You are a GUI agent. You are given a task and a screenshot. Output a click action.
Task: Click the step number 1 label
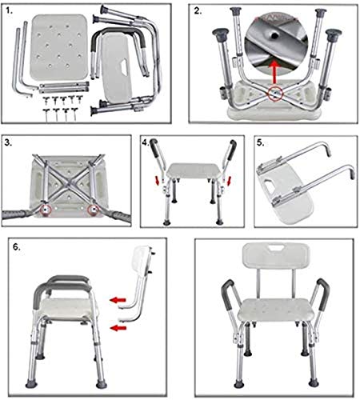coord(10,11)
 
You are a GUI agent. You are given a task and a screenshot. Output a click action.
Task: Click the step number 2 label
coord(198,11)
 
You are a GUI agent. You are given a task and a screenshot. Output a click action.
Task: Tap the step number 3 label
coord(8,142)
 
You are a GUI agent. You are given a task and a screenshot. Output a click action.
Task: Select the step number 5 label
coord(261,142)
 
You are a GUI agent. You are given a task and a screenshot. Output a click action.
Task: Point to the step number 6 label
coord(17,247)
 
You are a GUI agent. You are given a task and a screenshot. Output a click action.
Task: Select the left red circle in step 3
coord(46,210)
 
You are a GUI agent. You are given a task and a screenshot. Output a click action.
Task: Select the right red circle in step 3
coord(93,210)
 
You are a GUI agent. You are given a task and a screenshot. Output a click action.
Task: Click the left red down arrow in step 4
coord(158,180)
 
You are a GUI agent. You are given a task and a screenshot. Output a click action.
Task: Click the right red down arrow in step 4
coord(228,181)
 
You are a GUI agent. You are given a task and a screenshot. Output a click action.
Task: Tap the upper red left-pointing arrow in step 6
coord(118,300)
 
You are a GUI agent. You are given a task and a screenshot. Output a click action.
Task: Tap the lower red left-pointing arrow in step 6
coord(118,328)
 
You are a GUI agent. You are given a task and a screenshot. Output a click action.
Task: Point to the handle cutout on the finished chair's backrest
coord(276,249)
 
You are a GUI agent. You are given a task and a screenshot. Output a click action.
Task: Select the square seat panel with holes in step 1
coord(58,47)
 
